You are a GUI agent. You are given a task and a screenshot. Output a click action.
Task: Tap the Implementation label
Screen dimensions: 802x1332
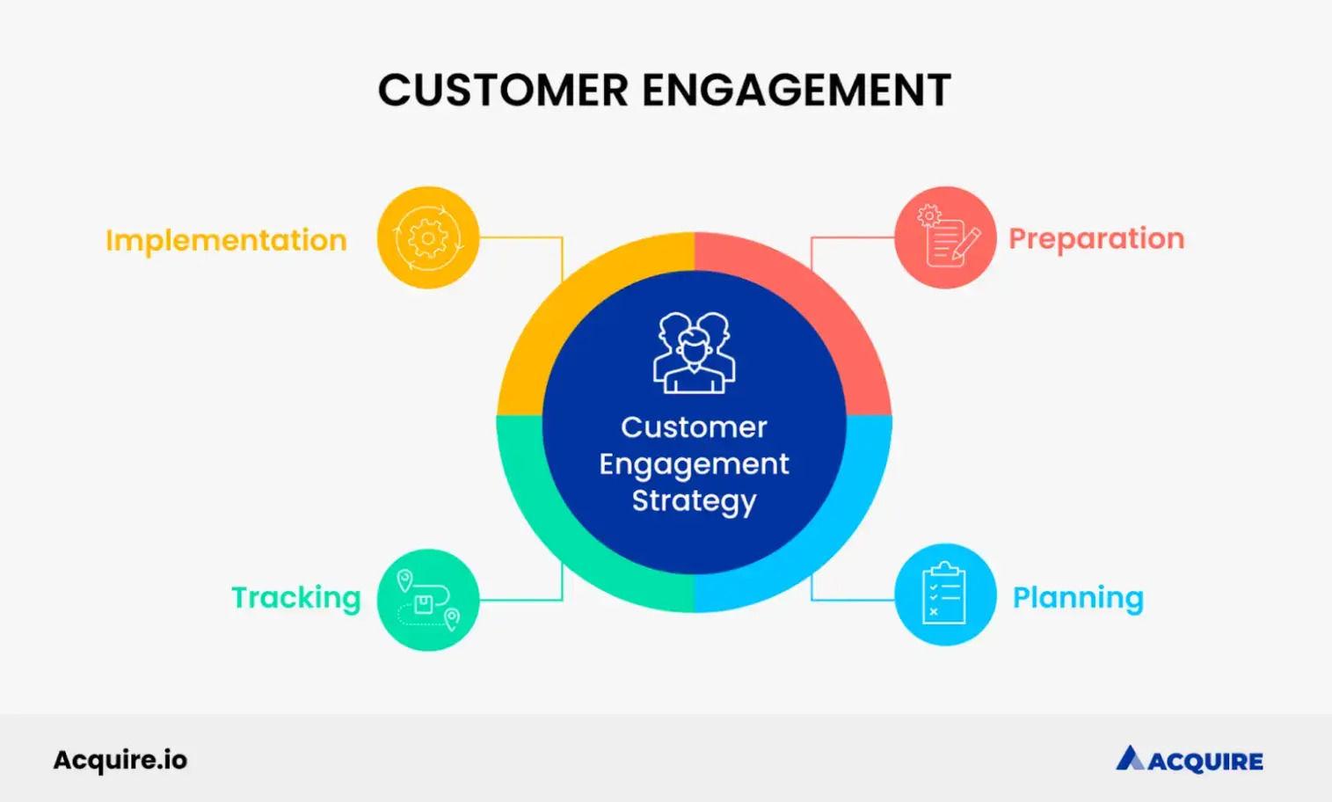[226, 240]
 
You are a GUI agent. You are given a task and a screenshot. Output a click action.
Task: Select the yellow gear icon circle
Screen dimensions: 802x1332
[428, 237]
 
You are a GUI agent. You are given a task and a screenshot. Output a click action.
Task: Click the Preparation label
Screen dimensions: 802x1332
[1096, 238]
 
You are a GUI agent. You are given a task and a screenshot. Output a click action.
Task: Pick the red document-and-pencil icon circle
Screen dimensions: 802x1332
[945, 237]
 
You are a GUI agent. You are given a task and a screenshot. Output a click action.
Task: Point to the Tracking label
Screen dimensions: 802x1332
[295, 598]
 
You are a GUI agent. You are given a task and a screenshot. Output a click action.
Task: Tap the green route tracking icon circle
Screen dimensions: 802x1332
[428, 600]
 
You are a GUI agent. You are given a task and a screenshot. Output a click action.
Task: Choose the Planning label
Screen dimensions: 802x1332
[1078, 598]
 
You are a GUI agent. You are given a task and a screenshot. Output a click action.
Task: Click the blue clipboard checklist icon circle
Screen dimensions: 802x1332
[945, 594]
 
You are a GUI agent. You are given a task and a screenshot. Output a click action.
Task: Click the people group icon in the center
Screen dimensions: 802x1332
[694, 353]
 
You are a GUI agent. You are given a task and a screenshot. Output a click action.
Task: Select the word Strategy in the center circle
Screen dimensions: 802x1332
[694, 500]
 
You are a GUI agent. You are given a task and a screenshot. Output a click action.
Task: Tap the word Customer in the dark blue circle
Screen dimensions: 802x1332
[694, 427]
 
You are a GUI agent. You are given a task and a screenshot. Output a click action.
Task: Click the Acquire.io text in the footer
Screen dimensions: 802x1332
[120, 760]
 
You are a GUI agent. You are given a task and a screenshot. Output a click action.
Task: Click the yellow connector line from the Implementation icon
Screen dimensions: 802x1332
[528, 237]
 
